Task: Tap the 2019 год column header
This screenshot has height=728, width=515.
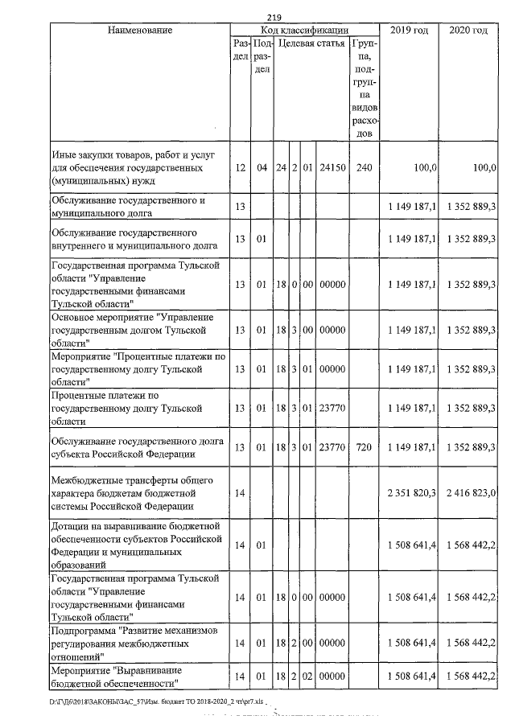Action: tap(410, 30)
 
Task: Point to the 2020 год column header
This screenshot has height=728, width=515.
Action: tap(468, 30)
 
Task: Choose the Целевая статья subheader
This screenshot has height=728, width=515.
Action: tap(311, 43)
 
